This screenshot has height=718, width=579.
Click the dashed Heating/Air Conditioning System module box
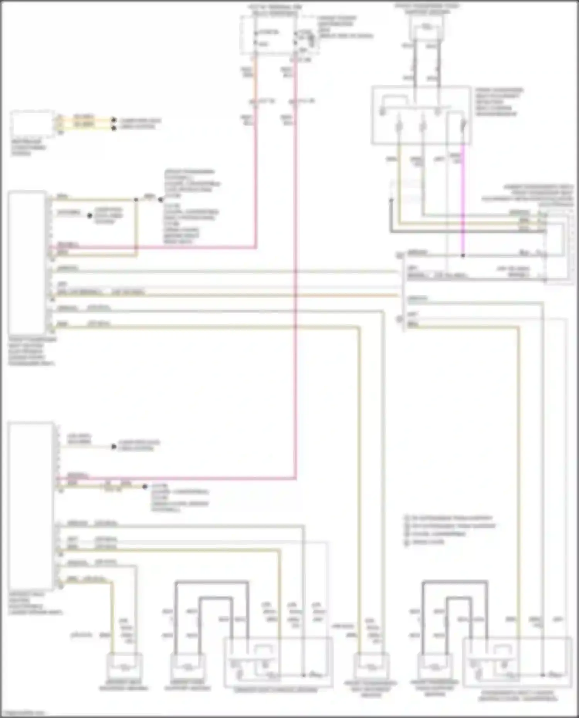pyautogui.click(x=32, y=123)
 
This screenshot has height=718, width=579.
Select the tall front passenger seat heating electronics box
pyautogui.click(x=27, y=262)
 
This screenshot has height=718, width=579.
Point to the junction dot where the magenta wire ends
pyautogui.click(x=463, y=255)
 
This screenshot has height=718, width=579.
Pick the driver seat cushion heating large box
pyautogui.click(x=278, y=662)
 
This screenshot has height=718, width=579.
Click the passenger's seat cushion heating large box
pyautogui.click(x=517, y=662)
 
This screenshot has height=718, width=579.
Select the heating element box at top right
pyautogui.click(x=426, y=28)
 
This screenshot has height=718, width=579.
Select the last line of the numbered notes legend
pyautogui.click(x=425, y=542)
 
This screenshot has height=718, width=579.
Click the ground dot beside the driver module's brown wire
pyautogui.click(x=145, y=487)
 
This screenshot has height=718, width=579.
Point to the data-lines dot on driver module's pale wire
pyautogui.click(x=113, y=446)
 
